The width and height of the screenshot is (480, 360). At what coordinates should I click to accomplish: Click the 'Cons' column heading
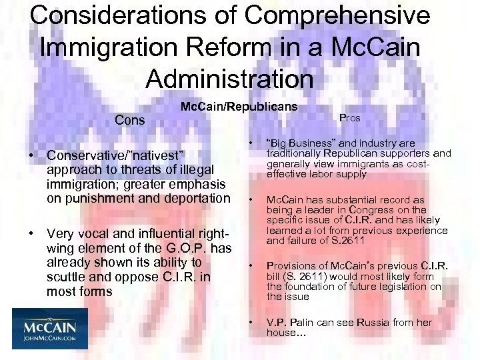click(x=130, y=121)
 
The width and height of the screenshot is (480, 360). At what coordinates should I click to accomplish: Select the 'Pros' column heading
click(x=349, y=118)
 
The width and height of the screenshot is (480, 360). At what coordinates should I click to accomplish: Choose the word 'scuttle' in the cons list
click(x=67, y=277)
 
